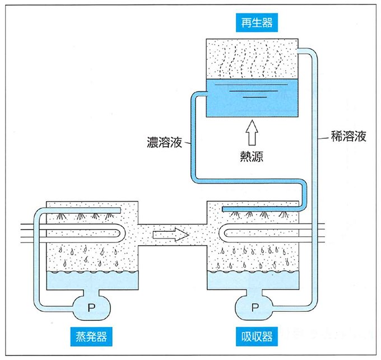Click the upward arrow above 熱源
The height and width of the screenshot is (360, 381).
point(250,133)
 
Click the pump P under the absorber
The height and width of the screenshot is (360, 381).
point(255,307)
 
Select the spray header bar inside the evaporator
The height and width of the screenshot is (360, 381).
point(84,211)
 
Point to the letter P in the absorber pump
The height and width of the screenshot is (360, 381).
point(255,307)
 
